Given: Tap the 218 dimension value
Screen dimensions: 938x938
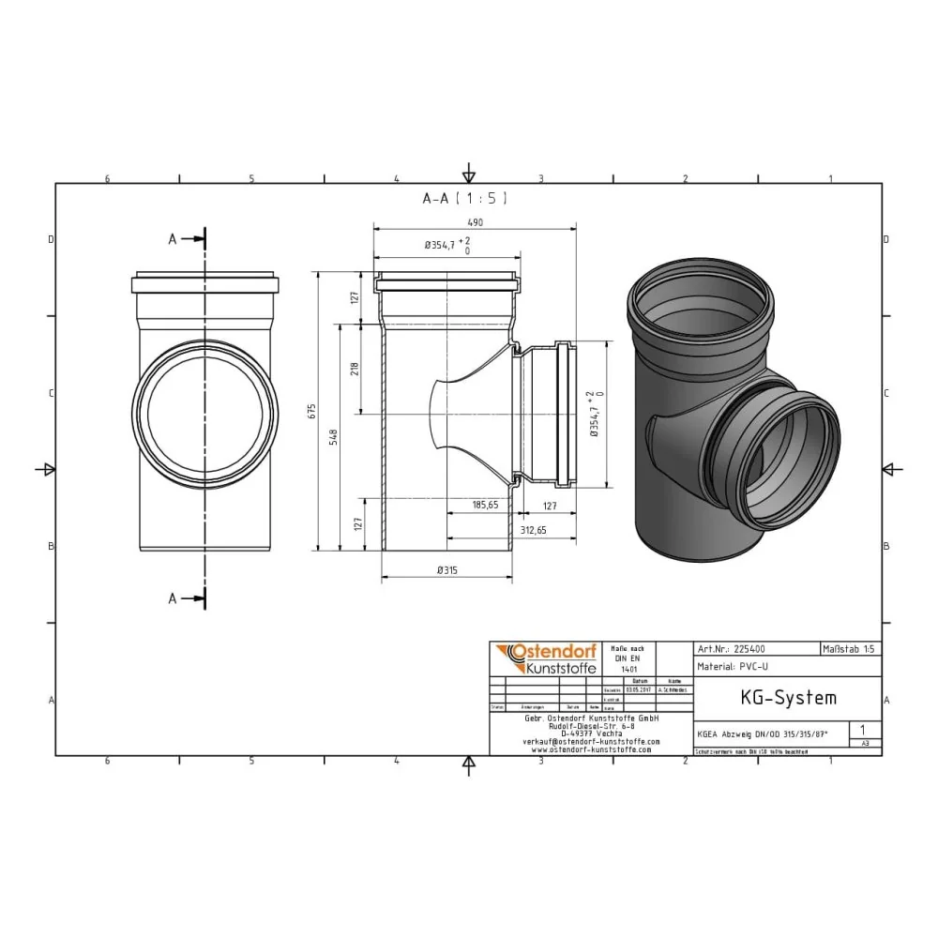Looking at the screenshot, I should (354, 369).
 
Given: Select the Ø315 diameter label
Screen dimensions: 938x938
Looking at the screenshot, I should (447, 569).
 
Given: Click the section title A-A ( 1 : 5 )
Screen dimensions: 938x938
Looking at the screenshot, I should (465, 199).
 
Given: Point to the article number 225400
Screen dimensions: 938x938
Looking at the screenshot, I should (751, 648).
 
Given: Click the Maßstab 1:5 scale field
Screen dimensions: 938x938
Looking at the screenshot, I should (850, 648).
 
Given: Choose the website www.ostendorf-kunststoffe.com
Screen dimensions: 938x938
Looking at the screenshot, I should (590, 749).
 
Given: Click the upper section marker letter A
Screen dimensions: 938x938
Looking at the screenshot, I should (173, 239).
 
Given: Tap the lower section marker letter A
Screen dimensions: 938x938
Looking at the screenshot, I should (173, 598).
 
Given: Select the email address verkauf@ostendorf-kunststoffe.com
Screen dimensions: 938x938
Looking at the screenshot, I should (590, 741).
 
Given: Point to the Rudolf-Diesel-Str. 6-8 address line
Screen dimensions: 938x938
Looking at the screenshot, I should (590, 725).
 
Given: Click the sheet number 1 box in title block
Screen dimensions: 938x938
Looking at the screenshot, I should (863, 729).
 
